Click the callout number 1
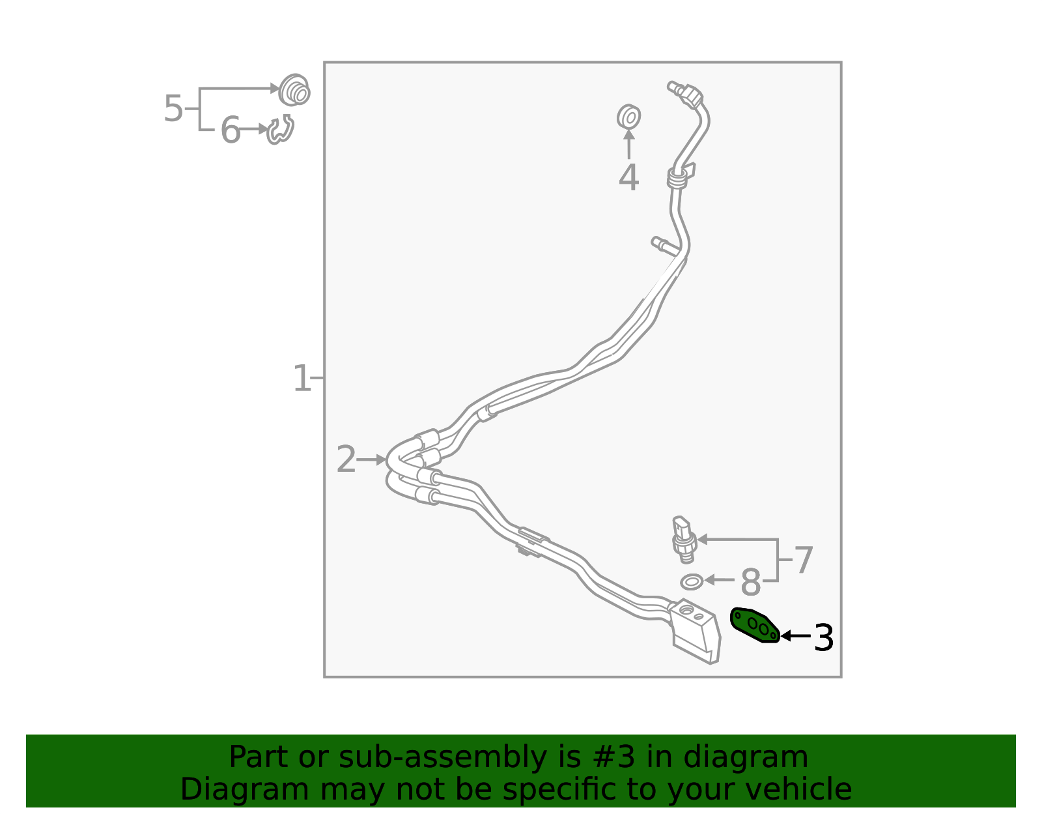point(302,379)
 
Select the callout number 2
point(346,460)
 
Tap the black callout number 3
point(824,638)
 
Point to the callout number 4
point(628,178)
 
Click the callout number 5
point(173,108)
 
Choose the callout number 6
point(230,130)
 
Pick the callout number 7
point(804,560)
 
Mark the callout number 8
point(751,582)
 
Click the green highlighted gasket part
point(754,625)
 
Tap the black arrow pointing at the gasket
point(795,635)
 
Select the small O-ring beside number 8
point(692,581)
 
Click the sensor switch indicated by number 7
point(683,538)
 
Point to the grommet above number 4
point(628,117)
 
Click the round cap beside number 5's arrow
point(294,91)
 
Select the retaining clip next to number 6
point(281,130)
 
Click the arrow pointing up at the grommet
point(628,143)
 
